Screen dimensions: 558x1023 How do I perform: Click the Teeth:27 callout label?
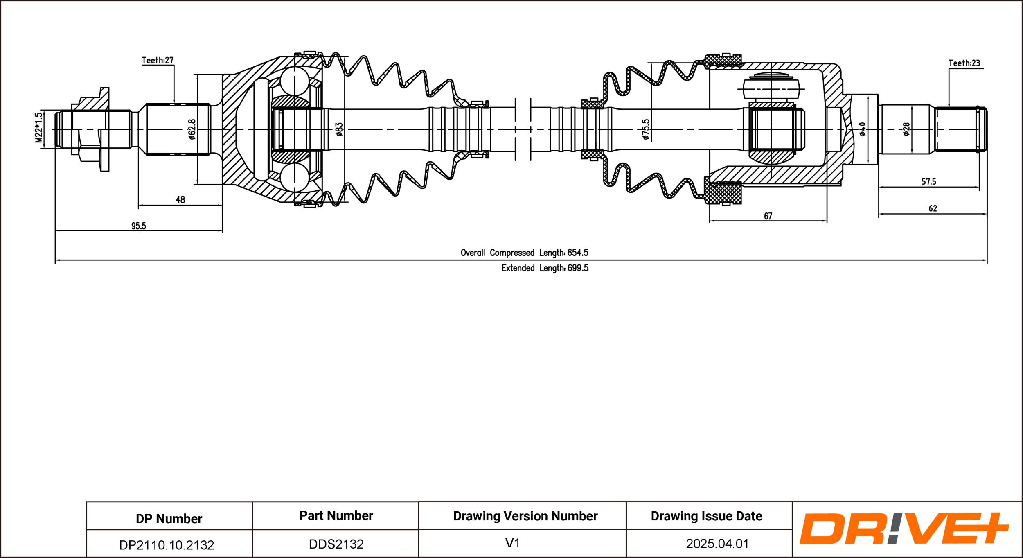tap(158, 60)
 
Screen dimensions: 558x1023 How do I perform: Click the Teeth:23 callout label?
tap(964, 63)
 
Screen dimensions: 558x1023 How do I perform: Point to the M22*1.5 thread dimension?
tap(38, 128)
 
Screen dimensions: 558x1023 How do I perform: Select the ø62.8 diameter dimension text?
tap(192, 129)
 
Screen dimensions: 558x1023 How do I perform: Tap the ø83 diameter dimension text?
tap(339, 129)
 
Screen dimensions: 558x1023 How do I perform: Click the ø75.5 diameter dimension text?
tap(646, 129)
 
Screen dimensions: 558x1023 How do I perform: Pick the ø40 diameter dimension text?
tap(862, 129)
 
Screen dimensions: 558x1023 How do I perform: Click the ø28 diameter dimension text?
tap(906, 129)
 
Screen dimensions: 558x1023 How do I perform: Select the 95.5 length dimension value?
tap(138, 226)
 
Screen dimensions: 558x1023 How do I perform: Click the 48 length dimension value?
tap(180, 200)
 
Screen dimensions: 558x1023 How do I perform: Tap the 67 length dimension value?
tap(768, 216)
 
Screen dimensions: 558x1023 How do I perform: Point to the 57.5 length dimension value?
tap(928, 181)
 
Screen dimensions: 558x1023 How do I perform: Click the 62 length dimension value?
tap(933, 208)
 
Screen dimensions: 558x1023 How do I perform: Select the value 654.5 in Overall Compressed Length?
tap(577, 253)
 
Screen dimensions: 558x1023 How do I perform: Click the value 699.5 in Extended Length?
tap(577, 268)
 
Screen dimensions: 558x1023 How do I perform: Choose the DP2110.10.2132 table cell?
tap(167, 545)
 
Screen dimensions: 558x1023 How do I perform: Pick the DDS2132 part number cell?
tap(336, 544)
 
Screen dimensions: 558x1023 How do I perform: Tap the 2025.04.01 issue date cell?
tap(717, 544)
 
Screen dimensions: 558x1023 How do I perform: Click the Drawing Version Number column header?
tap(525, 516)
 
